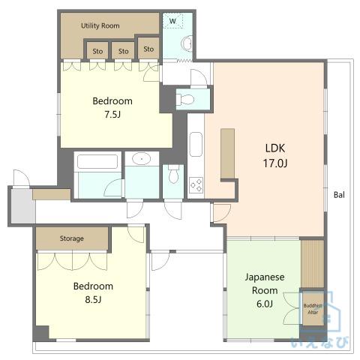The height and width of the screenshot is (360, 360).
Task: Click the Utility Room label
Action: [100, 25]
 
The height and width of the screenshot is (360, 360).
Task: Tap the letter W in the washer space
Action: [172, 21]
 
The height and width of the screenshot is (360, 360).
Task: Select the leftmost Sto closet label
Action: [97, 51]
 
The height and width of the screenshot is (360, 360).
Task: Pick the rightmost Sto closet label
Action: [148, 49]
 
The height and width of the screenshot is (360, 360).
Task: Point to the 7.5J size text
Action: [112, 115]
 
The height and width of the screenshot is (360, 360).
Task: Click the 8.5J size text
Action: [93, 299]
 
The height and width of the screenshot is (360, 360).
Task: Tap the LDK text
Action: [275, 148]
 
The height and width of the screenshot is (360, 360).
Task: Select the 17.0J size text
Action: [275, 163]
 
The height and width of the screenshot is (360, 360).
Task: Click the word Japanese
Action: [265, 277]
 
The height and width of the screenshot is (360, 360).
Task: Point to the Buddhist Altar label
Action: [313, 309]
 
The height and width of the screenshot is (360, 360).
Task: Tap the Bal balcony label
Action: [339, 195]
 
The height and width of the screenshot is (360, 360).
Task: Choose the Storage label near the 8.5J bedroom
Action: [72, 238]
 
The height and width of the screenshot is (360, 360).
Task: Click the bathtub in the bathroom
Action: [97, 161]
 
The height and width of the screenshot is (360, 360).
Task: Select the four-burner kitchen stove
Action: [196, 185]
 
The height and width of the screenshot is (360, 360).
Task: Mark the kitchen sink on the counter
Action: [196, 144]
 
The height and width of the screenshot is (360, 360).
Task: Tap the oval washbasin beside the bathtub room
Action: [142, 158]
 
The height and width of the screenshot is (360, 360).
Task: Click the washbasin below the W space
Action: [187, 44]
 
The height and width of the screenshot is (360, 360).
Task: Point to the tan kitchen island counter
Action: [227, 154]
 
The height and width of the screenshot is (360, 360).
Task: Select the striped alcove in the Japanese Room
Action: [312, 264]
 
